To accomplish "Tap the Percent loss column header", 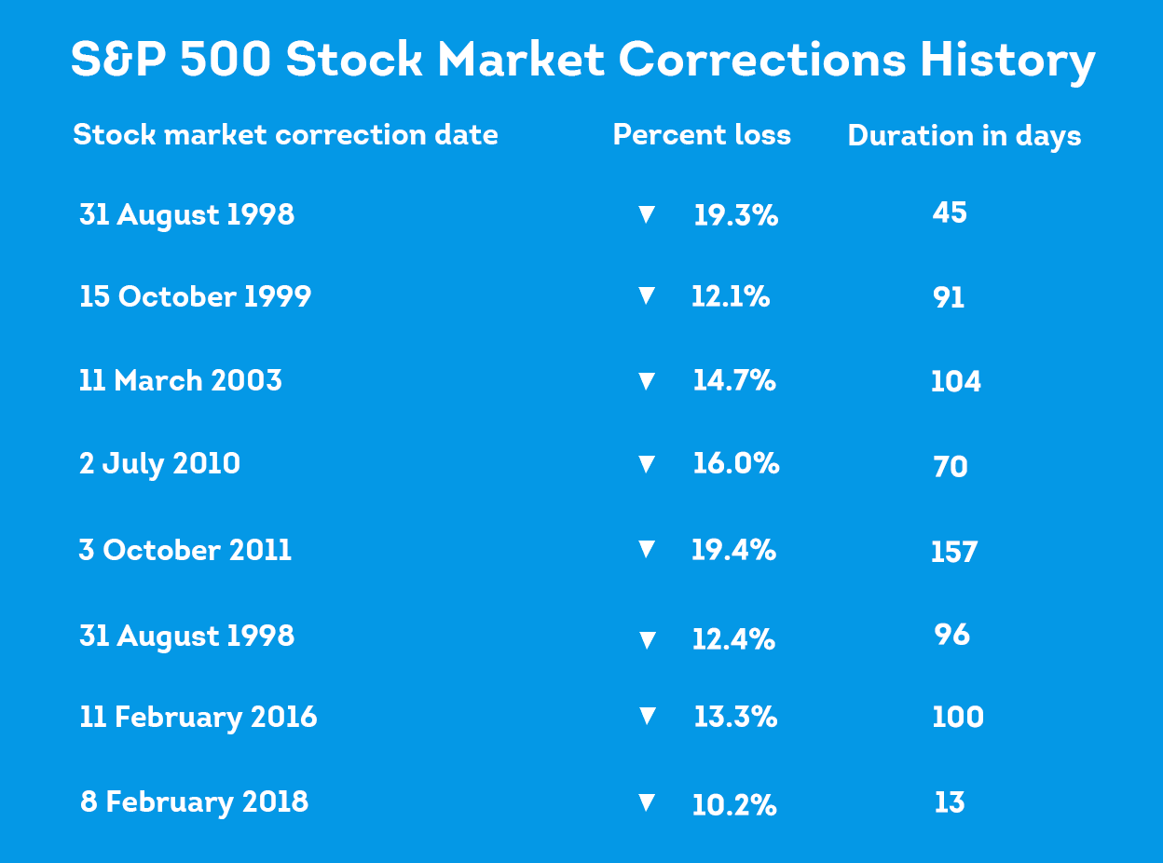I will click(702, 135).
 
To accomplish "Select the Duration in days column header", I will click(965, 136).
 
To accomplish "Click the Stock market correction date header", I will click(285, 135).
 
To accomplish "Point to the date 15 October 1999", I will click(196, 296).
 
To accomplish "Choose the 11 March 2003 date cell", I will click(181, 381).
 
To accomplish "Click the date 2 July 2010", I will click(160, 464).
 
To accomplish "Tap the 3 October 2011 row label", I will click(185, 550).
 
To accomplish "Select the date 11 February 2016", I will click(198, 718).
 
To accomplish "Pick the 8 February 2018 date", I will click(195, 802).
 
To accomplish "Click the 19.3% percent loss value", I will click(735, 216).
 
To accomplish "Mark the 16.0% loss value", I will click(735, 464).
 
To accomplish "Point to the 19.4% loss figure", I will click(733, 550).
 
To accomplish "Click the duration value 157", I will click(954, 553).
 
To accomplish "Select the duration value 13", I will click(950, 803).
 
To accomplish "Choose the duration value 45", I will click(950, 213).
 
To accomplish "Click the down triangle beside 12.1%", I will click(647, 296).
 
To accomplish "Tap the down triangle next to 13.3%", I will click(647, 717).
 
